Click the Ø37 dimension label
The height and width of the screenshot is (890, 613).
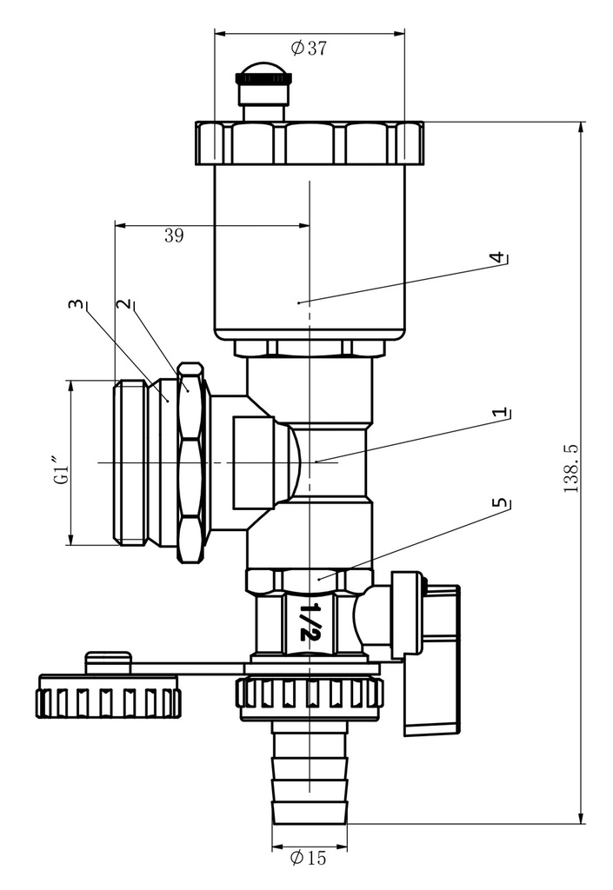point(310,48)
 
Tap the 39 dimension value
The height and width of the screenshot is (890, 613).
point(174,235)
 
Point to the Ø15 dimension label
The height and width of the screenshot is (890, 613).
point(309,857)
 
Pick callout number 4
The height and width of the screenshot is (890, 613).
point(497,258)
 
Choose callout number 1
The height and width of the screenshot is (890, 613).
point(499,413)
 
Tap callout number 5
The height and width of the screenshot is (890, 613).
point(500,503)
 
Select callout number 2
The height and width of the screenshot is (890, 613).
point(123,304)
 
